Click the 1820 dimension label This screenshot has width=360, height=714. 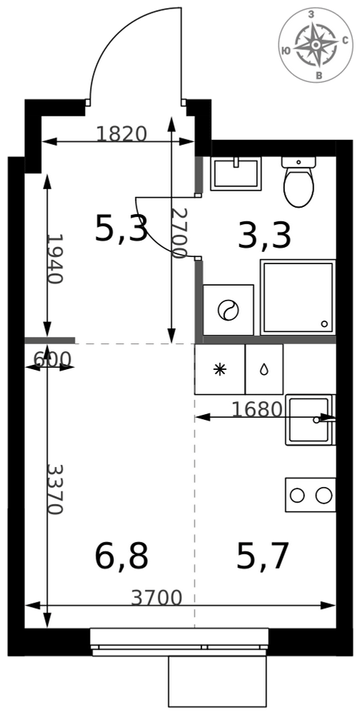pyautogui.click(x=121, y=134)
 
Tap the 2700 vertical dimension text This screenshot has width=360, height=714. pyautogui.click(x=179, y=233)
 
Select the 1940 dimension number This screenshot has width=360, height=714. pyautogui.click(x=55, y=259)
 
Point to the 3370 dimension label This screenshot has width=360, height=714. pyautogui.click(x=55, y=490)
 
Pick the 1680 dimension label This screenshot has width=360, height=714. pyautogui.click(x=257, y=409)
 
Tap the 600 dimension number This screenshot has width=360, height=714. pyautogui.click(x=52, y=360)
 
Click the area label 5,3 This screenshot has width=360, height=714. pyautogui.click(x=121, y=228)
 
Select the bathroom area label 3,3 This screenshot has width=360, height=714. pyautogui.click(x=264, y=237)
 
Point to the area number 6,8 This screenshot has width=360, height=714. pyautogui.click(x=121, y=556)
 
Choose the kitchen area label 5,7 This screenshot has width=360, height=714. pyautogui.click(x=263, y=556)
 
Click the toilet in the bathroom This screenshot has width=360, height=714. pyautogui.click(x=299, y=181)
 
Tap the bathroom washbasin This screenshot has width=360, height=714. pyautogui.click(x=236, y=174)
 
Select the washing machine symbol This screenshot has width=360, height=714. pyautogui.click(x=229, y=310)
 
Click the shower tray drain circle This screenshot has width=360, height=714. pyautogui.click(x=324, y=323)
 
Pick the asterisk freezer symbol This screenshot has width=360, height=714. pyautogui.click(x=220, y=369)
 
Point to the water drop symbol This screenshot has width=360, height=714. pyautogui.click(x=264, y=370)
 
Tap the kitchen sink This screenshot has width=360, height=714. pyautogui.click(x=310, y=420)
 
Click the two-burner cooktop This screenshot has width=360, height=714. pyautogui.click(x=310, y=495)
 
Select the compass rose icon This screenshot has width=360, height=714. pyautogui.click(x=315, y=45)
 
